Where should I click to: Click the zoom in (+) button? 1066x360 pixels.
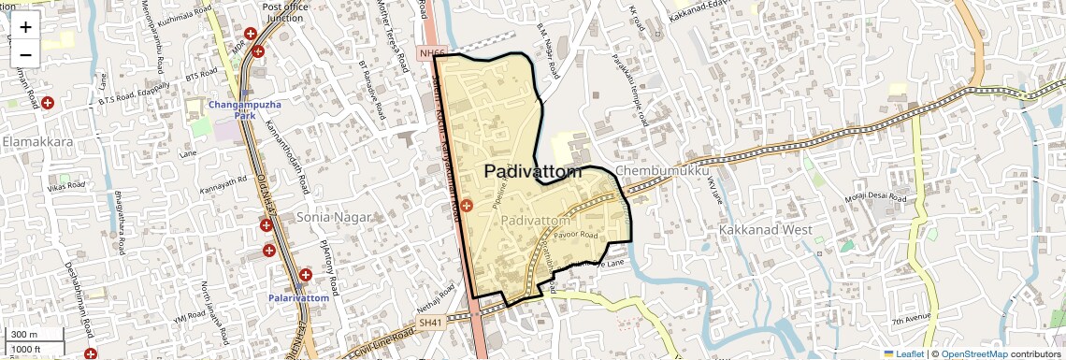(25, 26)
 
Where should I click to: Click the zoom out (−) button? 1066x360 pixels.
(25, 54)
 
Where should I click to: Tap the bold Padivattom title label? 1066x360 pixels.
(533, 173)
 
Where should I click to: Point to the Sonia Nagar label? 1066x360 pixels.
(334, 217)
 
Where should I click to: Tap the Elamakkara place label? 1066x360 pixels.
(38, 143)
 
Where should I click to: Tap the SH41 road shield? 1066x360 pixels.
(429, 323)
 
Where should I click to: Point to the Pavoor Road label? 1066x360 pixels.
(574, 236)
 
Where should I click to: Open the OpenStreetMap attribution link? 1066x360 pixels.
(973, 354)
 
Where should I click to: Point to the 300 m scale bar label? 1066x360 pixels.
(25, 335)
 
